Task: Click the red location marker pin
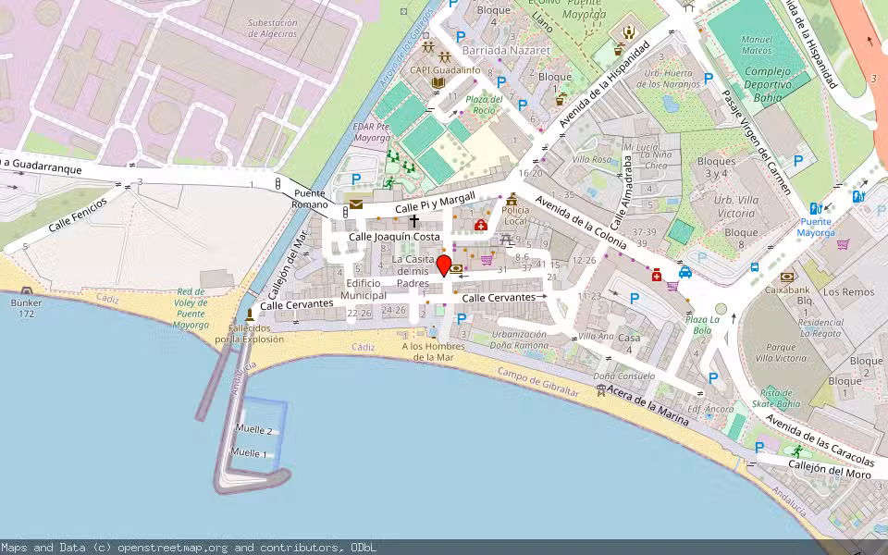(444, 266)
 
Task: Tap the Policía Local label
(514, 216)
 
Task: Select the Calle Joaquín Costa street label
(394, 237)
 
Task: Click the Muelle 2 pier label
(253, 430)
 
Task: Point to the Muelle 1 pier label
(249, 453)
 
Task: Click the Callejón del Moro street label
(830, 470)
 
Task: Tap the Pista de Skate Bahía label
(774, 398)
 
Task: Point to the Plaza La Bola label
(697, 324)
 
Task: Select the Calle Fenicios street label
(78, 214)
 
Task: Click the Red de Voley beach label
(191, 308)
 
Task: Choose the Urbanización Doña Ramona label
(519, 339)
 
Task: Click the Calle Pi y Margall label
(435, 203)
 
